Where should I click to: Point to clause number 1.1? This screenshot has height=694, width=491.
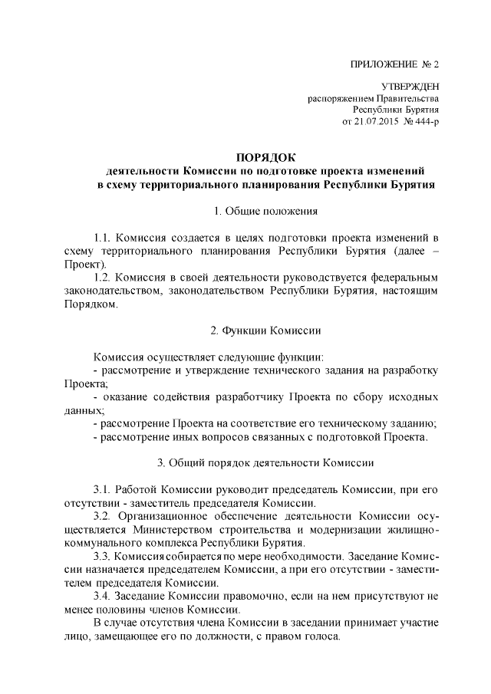(103, 238)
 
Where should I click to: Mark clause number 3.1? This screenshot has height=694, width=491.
(103, 489)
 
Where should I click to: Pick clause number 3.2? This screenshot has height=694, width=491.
(103, 517)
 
